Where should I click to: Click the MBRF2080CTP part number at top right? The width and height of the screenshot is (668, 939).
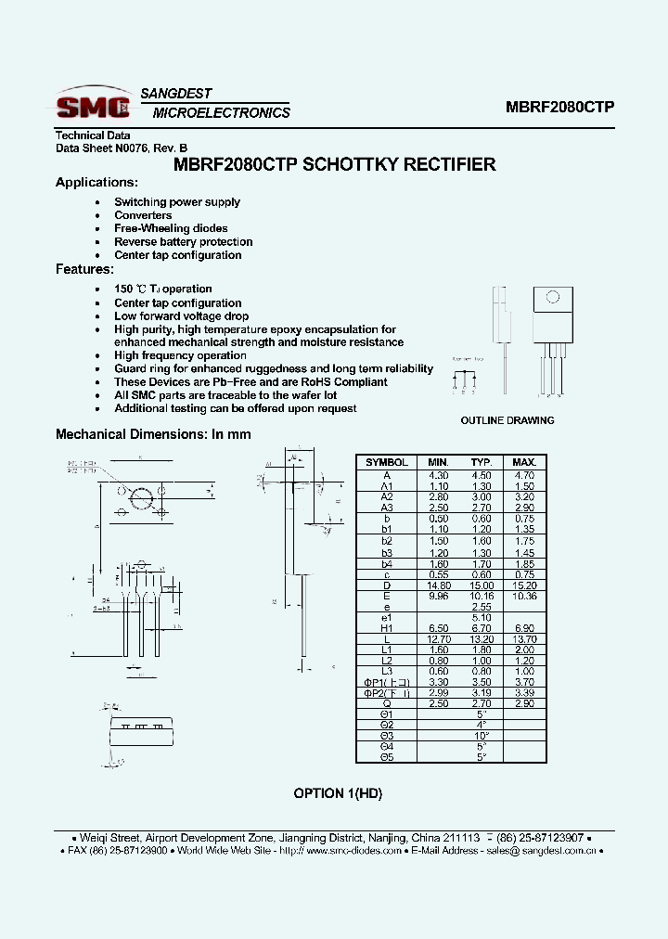(x=559, y=107)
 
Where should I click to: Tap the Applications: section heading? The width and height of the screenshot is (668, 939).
(x=96, y=183)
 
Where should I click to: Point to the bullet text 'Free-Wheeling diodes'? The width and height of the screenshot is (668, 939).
(x=171, y=228)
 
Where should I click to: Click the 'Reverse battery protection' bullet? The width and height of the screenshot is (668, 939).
(x=183, y=242)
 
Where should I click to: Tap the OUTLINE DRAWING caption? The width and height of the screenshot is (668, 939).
(x=507, y=420)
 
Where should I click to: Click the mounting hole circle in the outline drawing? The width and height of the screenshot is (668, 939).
(x=552, y=298)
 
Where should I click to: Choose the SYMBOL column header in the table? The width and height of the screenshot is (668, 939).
(x=386, y=462)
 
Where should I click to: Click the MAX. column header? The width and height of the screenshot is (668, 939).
(x=524, y=462)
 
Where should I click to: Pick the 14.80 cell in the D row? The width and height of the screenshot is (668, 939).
(x=438, y=585)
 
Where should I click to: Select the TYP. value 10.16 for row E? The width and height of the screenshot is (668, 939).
(x=481, y=596)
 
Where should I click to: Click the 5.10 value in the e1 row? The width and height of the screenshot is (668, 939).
(x=481, y=617)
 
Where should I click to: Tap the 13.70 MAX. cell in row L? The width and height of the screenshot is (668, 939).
(x=524, y=639)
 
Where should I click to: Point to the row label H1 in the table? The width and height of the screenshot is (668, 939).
(x=386, y=628)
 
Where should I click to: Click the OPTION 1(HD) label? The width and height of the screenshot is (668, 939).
(x=338, y=793)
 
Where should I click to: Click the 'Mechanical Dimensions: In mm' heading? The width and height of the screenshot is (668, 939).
(x=153, y=434)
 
